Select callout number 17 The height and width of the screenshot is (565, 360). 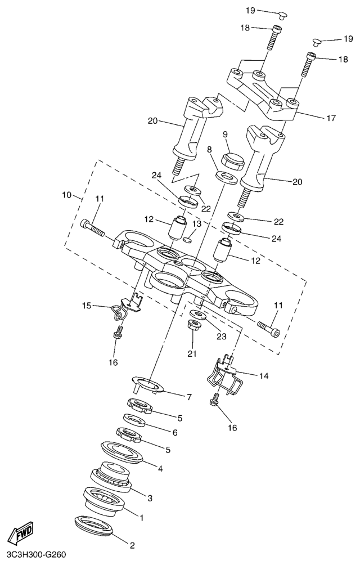coord(331,118)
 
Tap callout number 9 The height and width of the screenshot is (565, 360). coord(225,134)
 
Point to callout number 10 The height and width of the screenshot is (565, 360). coord(67,195)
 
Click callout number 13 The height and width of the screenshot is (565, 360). coord(196,225)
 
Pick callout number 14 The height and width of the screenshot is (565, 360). coord(264,376)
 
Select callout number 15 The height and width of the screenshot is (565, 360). coord(87,306)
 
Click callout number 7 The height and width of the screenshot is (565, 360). coord(189,397)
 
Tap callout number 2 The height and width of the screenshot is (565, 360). coord(132,545)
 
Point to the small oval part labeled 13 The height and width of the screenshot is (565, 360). coord(187,240)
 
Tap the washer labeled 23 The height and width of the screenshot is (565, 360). coord(197,313)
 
